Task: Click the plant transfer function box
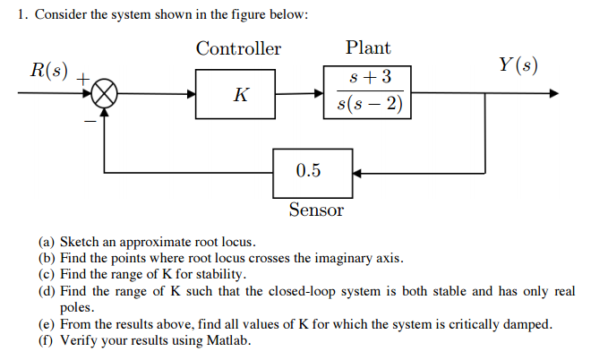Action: [368, 91]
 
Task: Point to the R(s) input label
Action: [47, 70]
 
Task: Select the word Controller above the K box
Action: [238, 48]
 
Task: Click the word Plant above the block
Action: [368, 48]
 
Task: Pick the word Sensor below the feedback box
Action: [316, 210]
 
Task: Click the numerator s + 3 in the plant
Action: [368, 77]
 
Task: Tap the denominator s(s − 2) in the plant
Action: [368, 106]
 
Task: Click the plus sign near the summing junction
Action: [82, 80]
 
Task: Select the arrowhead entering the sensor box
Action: [356, 171]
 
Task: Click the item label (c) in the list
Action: [47, 274]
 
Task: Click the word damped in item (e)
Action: [530, 324]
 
